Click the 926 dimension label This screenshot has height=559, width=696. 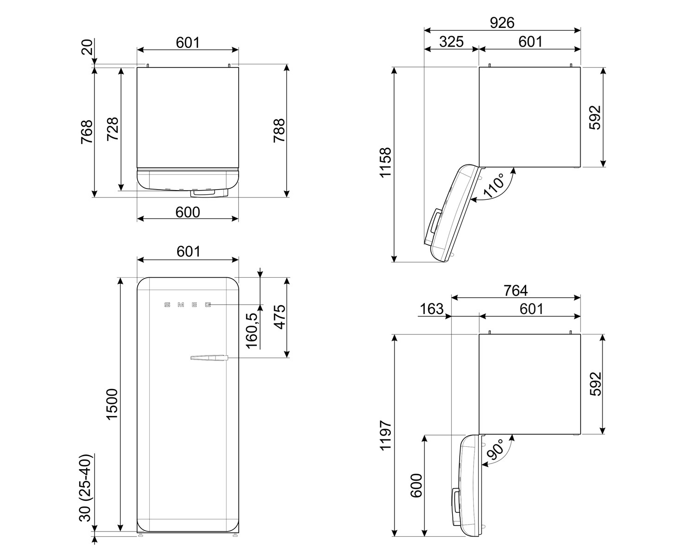[x=502, y=23]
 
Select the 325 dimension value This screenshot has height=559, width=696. [x=451, y=42]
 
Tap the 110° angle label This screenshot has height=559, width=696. [x=494, y=185]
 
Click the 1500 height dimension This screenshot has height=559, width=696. [x=112, y=404]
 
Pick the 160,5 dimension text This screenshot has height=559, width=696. [x=252, y=331]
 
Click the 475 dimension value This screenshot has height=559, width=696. [x=280, y=317]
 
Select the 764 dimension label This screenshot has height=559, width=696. [x=515, y=291]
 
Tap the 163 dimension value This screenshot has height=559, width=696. [x=431, y=309]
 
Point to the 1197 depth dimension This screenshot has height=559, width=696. [x=386, y=435]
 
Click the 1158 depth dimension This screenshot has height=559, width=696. [x=386, y=163]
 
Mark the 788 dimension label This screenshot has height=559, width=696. [x=279, y=130]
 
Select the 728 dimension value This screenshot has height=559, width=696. [x=113, y=129]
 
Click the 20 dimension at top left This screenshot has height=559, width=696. [x=88, y=48]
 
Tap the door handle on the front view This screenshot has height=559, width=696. [x=209, y=358]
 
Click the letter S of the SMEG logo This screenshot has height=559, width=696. [x=167, y=305]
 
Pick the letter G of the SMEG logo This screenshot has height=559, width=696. [x=208, y=305]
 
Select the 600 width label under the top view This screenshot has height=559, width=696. [x=187, y=212]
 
